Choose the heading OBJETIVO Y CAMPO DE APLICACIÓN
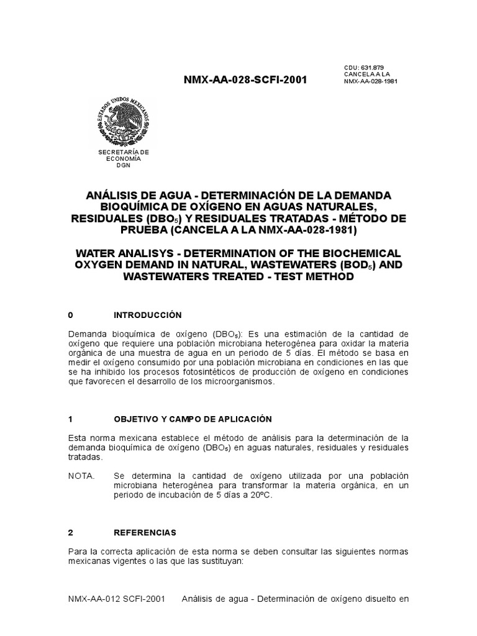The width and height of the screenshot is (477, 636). click(x=193, y=419)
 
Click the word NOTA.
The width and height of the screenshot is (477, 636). click(x=81, y=476)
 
